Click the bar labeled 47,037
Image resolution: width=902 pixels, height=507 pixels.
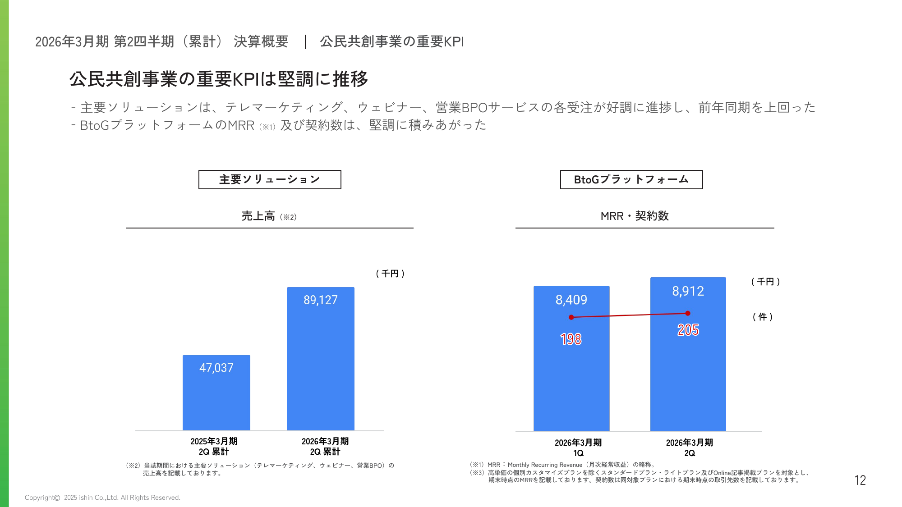click(216, 397)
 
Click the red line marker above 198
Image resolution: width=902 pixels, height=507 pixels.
click(571, 317)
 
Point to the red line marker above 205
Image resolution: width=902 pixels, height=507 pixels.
click(688, 313)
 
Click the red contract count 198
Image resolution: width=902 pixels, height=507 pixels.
click(571, 339)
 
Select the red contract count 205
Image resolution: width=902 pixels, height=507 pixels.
click(688, 330)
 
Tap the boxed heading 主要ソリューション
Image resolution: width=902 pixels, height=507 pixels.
click(270, 179)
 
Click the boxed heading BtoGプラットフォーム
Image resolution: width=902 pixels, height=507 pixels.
click(631, 179)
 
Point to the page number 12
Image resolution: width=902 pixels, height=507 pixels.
click(860, 480)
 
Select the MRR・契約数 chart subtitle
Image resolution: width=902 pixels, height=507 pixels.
click(635, 216)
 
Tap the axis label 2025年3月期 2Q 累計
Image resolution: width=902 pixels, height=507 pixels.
click(214, 446)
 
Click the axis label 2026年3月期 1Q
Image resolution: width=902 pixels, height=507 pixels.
click(578, 448)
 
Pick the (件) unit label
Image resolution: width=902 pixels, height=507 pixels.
click(763, 317)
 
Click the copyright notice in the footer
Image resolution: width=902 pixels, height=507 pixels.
click(102, 498)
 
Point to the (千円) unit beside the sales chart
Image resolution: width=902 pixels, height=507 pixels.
click(390, 274)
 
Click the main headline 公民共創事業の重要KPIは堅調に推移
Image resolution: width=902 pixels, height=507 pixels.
click(219, 79)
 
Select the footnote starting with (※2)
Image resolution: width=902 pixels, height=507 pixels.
click(260, 469)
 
